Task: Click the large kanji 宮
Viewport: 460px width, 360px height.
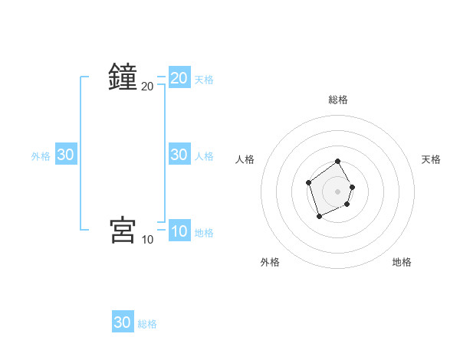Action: (123, 230)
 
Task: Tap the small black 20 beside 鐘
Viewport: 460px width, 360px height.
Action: (147, 87)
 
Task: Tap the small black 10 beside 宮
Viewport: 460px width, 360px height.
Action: (147, 240)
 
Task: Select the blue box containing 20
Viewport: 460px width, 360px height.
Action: (179, 77)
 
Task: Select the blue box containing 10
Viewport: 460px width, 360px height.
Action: (179, 231)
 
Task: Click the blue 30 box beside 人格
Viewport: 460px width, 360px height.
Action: (179, 155)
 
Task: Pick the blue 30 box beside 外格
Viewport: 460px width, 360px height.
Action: (66, 155)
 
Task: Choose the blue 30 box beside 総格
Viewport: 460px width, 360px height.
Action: (123, 322)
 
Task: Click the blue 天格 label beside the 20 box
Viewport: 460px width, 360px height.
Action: (204, 79)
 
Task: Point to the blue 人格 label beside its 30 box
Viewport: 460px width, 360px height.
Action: (204, 156)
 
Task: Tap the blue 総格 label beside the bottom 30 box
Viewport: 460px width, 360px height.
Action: (147, 324)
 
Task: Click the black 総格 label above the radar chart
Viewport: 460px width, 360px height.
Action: (338, 100)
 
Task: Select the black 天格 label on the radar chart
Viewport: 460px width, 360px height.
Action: (432, 159)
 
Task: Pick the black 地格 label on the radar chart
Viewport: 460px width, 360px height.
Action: (402, 262)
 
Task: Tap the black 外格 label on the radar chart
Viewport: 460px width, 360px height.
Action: (270, 262)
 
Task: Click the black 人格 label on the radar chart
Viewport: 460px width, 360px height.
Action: (245, 159)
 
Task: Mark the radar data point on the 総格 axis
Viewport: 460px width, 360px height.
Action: (338, 162)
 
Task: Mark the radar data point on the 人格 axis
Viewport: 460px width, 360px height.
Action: (308, 182)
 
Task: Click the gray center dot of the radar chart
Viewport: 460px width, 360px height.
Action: (338, 191)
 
